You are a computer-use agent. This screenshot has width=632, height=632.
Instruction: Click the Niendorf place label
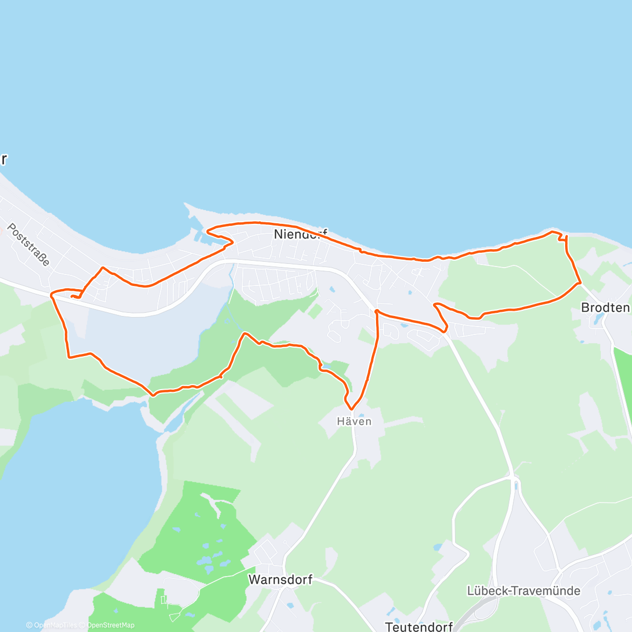(x=300, y=234)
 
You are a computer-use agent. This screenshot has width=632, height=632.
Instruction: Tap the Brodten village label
(x=605, y=307)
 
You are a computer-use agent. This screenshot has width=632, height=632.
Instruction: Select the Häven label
(x=354, y=421)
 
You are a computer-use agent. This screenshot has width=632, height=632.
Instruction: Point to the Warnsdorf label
(x=280, y=579)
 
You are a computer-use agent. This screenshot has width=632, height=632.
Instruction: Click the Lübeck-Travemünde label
(x=524, y=590)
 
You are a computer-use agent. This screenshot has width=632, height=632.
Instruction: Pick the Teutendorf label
(x=419, y=627)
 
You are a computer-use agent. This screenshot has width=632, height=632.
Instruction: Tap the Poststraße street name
(x=29, y=244)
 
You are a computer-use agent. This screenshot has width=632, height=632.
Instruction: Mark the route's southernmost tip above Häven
(x=351, y=409)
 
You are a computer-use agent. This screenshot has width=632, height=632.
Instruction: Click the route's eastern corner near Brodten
(x=580, y=283)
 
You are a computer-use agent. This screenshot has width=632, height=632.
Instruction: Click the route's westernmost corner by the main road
(x=51, y=295)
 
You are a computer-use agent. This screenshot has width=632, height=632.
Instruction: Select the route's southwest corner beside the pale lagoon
(x=69, y=357)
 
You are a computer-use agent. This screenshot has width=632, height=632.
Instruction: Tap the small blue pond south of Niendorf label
(x=332, y=289)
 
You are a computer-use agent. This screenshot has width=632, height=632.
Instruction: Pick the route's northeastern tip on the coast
(x=553, y=231)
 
